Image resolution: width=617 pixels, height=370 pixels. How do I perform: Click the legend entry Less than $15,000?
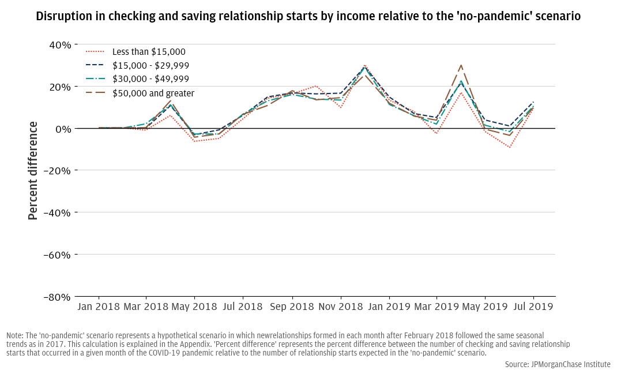click(149, 52)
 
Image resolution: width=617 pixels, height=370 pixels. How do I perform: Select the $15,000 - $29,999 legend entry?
click(151, 66)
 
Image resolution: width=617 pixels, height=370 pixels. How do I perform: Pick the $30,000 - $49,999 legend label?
click(151, 79)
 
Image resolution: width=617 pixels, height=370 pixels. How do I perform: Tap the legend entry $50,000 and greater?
click(153, 93)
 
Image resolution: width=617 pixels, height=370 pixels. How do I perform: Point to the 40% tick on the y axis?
click(60, 44)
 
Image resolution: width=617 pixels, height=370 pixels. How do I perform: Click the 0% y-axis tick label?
click(63, 129)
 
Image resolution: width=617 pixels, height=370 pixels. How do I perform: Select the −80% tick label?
click(58, 297)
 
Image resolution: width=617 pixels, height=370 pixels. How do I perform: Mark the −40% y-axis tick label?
click(58, 212)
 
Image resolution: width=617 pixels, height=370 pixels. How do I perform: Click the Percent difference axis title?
click(33, 170)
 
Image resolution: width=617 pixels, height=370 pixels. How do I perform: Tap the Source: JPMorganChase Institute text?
click(557, 364)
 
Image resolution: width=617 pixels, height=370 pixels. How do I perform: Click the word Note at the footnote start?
click(15, 335)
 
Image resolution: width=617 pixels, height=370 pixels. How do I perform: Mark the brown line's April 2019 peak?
click(461, 65)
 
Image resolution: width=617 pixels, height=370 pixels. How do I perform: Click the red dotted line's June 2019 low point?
click(510, 147)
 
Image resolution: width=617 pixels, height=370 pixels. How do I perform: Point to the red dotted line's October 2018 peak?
click(316, 86)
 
